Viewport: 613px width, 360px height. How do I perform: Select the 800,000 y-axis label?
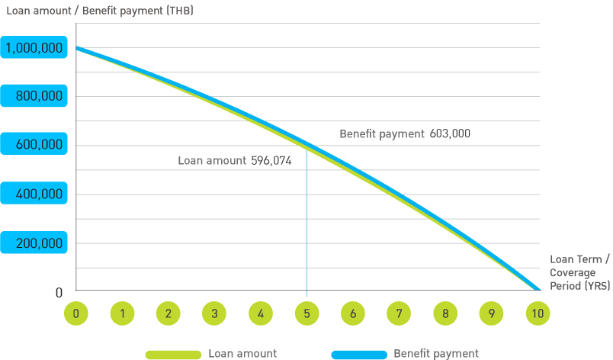click(x=37, y=97)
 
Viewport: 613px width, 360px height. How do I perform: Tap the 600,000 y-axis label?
click(x=37, y=146)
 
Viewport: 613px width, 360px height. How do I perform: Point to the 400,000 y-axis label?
click(x=37, y=194)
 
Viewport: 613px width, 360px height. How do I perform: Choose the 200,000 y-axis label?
click(x=37, y=243)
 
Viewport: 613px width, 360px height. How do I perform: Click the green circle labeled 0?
click(x=75, y=313)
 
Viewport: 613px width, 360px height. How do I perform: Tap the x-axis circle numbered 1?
click(x=122, y=313)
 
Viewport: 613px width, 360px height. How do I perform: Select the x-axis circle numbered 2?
click(x=168, y=313)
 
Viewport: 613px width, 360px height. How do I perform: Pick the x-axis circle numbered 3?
click(x=214, y=313)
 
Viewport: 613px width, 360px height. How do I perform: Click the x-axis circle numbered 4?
click(x=261, y=313)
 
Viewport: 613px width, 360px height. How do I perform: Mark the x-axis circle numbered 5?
click(x=306, y=313)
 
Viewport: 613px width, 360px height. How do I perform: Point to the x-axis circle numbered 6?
click(x=353, y=313)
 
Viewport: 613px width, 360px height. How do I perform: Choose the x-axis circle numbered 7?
click(x=400, y=313)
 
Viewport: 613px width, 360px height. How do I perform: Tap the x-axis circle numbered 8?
click(x=446, y=313)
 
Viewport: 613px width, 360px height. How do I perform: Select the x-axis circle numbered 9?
click(x=492, y=313)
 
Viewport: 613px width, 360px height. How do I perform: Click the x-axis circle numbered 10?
click(x=538, y=313)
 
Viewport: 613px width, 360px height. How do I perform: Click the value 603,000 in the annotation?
click(x=450, y=133)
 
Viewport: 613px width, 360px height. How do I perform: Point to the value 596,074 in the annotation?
click(x=271, y=161)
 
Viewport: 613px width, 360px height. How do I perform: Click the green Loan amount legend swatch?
click(x=173, y=354)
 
